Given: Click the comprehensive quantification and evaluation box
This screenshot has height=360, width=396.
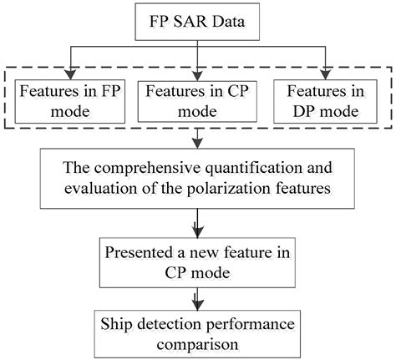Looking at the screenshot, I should [x=197, y=175].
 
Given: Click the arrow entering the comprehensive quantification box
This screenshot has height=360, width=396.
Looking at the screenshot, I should [x=197, y=142].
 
